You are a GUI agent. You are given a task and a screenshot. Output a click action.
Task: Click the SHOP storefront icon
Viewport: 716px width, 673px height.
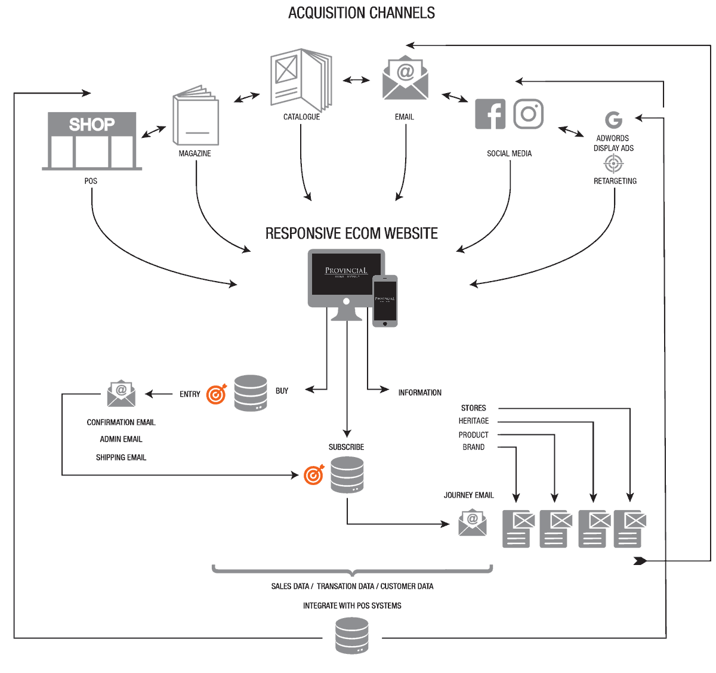pos(91,141)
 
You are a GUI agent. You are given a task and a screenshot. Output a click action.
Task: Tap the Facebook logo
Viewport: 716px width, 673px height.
pos(490,114)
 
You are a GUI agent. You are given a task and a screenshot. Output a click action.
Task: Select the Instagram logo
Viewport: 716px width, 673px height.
pos(528,114)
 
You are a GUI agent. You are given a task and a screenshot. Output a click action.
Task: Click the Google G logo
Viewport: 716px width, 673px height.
pos(613,120)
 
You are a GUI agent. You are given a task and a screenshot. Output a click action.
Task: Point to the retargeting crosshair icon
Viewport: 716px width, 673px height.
pos(613,163)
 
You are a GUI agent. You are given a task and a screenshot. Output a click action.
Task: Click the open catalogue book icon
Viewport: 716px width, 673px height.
pos(301,80)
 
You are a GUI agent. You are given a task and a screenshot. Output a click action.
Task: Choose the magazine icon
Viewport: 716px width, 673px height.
pos(196,116)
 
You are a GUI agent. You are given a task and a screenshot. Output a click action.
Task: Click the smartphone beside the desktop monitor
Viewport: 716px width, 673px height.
pos(385,301)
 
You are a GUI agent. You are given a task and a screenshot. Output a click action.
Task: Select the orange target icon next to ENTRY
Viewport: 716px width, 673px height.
pos(217,394)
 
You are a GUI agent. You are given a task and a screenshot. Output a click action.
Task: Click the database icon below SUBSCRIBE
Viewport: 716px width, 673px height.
pos(347,475)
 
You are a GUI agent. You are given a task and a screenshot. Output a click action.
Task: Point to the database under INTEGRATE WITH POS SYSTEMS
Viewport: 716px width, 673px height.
pos(352,636)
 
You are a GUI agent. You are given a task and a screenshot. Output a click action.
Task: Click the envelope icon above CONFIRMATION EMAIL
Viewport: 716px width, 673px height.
pos(121,393)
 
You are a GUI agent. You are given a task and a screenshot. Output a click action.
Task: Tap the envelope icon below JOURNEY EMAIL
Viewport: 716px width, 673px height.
pos(473,523)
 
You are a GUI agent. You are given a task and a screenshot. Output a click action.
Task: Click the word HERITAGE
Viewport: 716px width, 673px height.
pos(474,421)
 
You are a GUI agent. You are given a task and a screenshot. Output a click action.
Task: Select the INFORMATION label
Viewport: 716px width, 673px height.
pos(419,393)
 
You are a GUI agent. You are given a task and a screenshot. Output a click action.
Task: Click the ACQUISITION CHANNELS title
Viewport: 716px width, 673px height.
pos(361,13)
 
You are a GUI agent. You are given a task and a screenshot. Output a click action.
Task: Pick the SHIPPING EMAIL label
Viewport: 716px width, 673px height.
pos(121,458)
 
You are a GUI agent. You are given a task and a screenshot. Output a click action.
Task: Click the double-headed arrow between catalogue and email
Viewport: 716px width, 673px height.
pos(356,80)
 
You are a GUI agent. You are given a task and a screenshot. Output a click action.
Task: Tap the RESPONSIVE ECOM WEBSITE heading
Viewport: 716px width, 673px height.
pos(351,233)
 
